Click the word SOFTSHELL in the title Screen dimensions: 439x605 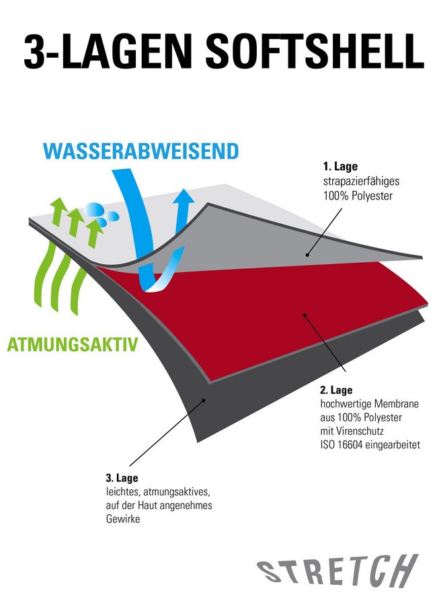315,51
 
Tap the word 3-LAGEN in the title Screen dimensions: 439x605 108,51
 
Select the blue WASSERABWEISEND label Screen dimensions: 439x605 141,151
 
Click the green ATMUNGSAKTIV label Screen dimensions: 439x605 73,344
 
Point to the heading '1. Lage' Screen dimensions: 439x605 340,167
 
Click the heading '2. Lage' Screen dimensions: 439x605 336,390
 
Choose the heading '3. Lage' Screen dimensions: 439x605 122,478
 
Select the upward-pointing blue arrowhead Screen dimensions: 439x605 184,199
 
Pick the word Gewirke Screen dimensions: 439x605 123,519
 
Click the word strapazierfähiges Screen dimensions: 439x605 362,182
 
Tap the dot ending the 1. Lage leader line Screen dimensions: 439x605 307,255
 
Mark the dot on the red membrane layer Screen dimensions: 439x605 305,315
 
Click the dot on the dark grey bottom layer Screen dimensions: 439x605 204,401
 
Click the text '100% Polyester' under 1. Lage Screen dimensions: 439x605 358,196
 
